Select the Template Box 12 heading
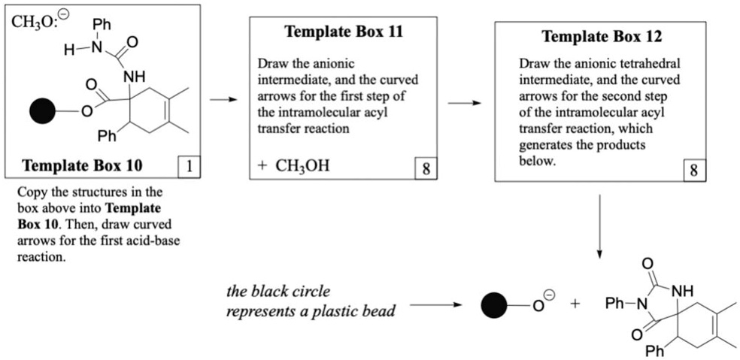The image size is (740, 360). click(602, 36)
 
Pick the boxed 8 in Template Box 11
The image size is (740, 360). click(426, 168)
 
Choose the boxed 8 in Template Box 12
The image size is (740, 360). click(693, 171)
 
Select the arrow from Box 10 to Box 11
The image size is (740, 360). click(220, 99)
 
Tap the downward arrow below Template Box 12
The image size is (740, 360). click(599, 225)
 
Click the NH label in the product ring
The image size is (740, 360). click(679, 291)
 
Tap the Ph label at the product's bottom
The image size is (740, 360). click(654, 350)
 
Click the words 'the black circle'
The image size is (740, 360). click(278, 291)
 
